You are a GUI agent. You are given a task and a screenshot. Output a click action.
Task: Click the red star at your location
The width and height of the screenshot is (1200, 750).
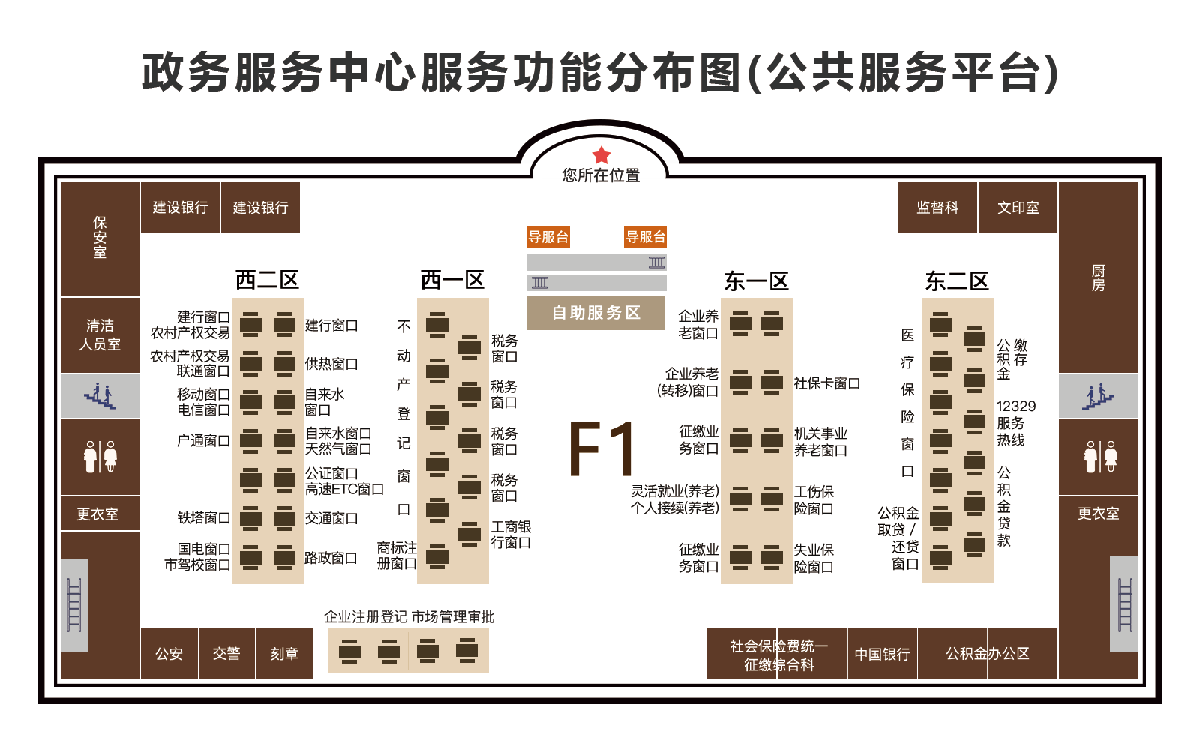[x=601, y=155]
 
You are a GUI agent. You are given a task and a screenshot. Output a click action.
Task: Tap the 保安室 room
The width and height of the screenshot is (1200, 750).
[x=100, y=239]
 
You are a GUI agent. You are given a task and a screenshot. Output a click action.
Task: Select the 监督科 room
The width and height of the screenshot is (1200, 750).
[x=937, y=207]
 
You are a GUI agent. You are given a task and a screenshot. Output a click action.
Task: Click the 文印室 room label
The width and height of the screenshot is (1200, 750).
[x=1018, y=208]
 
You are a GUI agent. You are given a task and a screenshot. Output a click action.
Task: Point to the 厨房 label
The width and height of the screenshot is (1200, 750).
[x=1098, y=277]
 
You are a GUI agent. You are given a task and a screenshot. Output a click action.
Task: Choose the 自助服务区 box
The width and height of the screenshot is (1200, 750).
[x=596, y=313]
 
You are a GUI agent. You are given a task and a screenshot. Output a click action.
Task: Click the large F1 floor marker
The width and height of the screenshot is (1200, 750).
[x=601, y=449]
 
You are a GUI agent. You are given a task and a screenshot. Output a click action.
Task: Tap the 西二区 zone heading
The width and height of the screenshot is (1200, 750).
[x=267, y=280]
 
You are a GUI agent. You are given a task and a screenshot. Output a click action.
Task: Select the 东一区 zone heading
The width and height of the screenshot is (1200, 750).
[x=757, y=281]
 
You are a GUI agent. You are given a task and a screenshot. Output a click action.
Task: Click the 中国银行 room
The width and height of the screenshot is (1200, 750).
[x=882, y=653]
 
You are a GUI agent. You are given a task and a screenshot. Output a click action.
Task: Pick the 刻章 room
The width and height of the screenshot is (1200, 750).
[x=284, y=653]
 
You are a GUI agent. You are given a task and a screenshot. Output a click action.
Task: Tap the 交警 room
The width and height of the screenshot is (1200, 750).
[x=226, y=653]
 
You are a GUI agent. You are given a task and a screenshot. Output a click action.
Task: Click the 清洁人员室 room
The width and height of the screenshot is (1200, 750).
[x=100, y=334]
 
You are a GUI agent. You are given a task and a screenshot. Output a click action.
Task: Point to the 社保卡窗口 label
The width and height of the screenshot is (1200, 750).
[x=827, y=383]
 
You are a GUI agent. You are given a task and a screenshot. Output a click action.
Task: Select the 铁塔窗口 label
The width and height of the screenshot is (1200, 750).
[x=203, y=517]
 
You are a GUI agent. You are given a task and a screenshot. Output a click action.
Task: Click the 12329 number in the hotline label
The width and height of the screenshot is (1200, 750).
[x=1016, y=406]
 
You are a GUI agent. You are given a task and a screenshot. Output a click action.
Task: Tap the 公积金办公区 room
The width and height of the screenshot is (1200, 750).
[x=988, y=653]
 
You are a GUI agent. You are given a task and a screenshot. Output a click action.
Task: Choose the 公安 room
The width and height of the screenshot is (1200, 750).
[x=169, y=653]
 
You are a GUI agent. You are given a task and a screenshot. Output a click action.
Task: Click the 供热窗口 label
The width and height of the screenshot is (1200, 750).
[x=331, y=364]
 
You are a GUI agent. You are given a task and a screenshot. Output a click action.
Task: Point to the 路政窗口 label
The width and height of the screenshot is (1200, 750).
[x=331, y=558]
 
